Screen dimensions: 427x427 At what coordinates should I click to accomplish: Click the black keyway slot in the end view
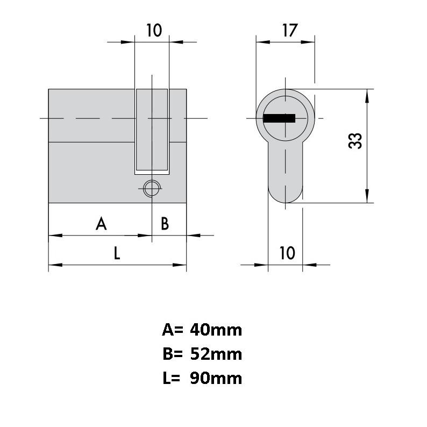click(x=279, y=118)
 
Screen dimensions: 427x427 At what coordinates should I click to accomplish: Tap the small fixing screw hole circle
click(x=152, y=188)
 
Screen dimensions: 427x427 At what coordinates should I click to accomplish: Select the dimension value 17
click(x=290, y=31)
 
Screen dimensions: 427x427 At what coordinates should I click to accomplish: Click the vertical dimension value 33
click(x=355, y=141)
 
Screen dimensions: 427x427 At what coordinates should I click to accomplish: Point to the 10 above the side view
click(x=154, y=30)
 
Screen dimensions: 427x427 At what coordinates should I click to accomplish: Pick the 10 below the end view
click(x=287, y=253)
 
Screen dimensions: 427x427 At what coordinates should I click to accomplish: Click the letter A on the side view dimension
click(x=101, y=224)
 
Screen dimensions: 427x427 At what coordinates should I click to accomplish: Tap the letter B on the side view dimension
click(x=165, y=224)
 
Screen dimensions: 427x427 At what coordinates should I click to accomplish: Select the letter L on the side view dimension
click(x=117, y=253)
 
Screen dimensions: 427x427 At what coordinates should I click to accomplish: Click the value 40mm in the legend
click(x=216, y=330)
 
